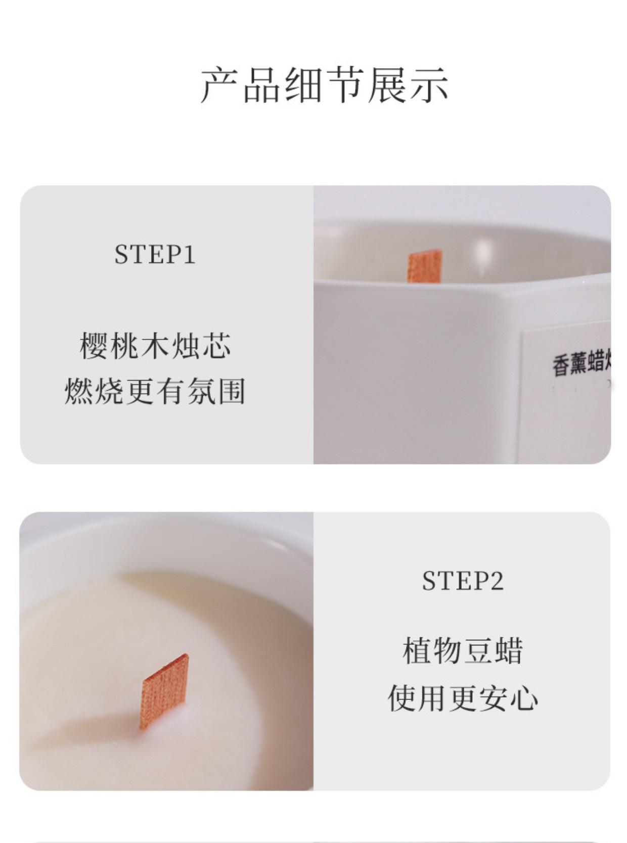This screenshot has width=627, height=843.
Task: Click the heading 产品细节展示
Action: [x=324, y=85]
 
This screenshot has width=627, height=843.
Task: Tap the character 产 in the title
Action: [x=219, y=85]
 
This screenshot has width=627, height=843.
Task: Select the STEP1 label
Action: [x=155, y=254]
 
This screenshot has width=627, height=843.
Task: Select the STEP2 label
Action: [x=463, y=581]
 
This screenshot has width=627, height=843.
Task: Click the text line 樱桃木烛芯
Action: [x=155, y=346]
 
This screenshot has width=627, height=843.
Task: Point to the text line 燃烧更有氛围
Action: [x=155, y=391]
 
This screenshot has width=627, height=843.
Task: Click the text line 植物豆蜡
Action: [x=463, y=651]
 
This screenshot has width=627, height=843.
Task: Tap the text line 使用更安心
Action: [x=463, y=698]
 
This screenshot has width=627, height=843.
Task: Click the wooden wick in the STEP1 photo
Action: [x=425, y=266]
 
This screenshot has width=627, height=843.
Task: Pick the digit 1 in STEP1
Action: [x=190, y=254]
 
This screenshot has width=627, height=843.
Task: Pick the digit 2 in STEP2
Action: [x=497, y=581]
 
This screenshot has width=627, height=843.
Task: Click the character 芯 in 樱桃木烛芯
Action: [x=216, y=346]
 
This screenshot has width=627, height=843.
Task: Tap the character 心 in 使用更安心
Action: [x=523, y=698]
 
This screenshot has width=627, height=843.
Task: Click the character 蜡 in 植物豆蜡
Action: [x=508, y=651]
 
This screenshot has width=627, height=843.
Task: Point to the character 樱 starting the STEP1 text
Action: [x=94, y=346]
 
